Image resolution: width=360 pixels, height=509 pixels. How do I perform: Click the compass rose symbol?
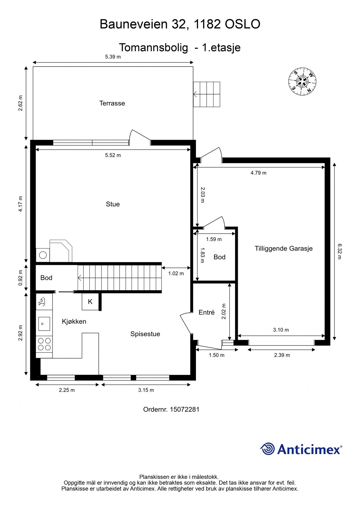pyautogui.click(x=302, y=81)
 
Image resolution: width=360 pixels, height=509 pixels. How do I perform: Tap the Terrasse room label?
pyautogui.click(x=112, y=103)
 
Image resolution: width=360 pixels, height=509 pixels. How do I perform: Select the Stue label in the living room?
pyautogui.click(x=113, y=204)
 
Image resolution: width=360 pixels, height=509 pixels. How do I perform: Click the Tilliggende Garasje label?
pyautogui.click(x=284, y=249)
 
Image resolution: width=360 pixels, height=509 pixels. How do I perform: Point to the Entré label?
pyautogui.click(x=206, y=312)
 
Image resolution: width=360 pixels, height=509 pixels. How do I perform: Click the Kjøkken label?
pyautogui.click(x=74, y=322)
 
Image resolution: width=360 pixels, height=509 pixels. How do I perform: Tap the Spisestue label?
pyautogui.click(x=145, y=334)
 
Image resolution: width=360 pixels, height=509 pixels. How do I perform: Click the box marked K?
pyautogui.click(x=90, y=302)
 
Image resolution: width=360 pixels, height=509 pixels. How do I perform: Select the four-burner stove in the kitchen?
pyautogui.click(x=44, y=344)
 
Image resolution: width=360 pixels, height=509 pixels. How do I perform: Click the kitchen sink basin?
pyautogui.click(x=44, y=323)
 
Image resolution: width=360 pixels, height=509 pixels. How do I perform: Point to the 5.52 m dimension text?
pyautogui.click(x=113, y=155)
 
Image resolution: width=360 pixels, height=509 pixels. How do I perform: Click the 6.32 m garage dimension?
pyautogui.click(x=339, y=251)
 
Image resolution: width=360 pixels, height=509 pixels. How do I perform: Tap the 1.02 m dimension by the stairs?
pyautogui.click(x=176, y=273)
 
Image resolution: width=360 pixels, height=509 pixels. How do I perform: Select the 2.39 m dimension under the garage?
pyautogui.click(x=282, y=355)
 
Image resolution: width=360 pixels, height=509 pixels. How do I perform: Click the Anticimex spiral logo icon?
pyautogui.click(x=267, y=449)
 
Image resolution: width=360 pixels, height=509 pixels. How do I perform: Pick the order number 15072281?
pyautogui.click(x=184, y=409)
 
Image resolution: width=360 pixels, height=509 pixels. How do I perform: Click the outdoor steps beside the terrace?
pyautogui.click(x=207, y=94)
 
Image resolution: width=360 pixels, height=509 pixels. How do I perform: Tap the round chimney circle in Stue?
pyautogui.click(x=43, y=255)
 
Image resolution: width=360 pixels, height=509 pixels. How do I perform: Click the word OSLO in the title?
pyautogui.click(x=242, y=24)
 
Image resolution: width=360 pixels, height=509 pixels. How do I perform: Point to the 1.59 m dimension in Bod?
pyautogui.click(x=214, y=239)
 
